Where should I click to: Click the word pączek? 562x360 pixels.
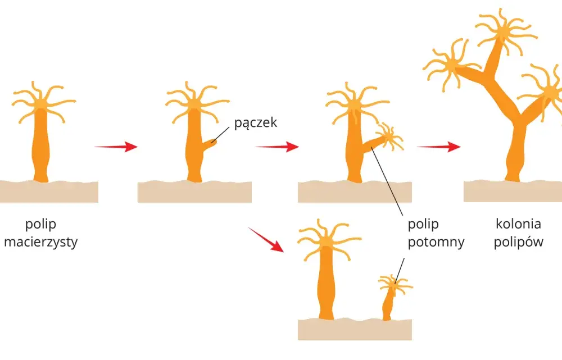click(256, 123)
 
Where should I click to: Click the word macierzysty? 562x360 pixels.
click(41, 242)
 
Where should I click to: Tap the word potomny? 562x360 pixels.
click(436, 242)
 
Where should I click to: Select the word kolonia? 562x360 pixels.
click(518, 224)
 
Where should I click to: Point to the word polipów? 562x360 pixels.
click(518, 242)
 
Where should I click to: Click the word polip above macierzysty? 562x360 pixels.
click(41, 225)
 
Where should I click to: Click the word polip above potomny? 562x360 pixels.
click(423, 225)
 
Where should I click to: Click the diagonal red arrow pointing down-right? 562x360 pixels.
click(266, 240)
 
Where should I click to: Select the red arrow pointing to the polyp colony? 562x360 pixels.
click(439, 147)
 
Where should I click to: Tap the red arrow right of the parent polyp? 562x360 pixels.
click(116, 147)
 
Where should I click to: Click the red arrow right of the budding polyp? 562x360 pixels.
click(277, 147)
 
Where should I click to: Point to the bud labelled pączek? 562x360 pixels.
click(209, 144)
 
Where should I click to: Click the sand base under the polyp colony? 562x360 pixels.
click(513, 191)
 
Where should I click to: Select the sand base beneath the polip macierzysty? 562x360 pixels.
click(49, 192)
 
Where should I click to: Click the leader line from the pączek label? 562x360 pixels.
click(220, 135)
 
